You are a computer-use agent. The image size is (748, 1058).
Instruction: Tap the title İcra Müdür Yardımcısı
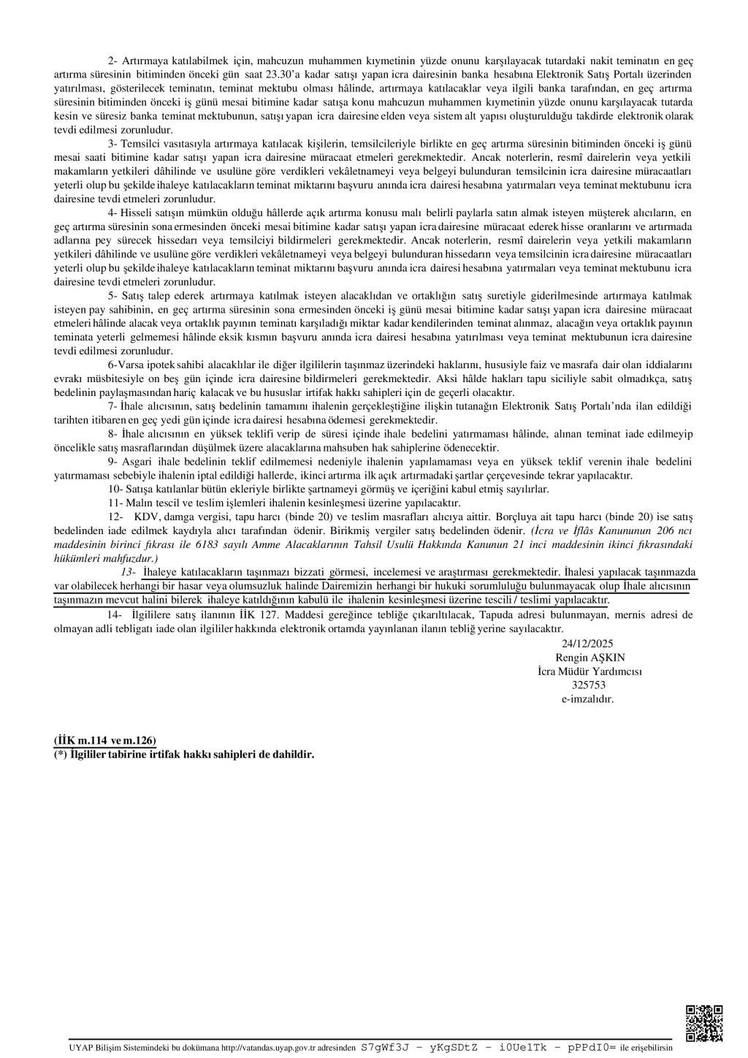point(581,671)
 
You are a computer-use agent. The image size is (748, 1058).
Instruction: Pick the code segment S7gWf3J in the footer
point(384,1046)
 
